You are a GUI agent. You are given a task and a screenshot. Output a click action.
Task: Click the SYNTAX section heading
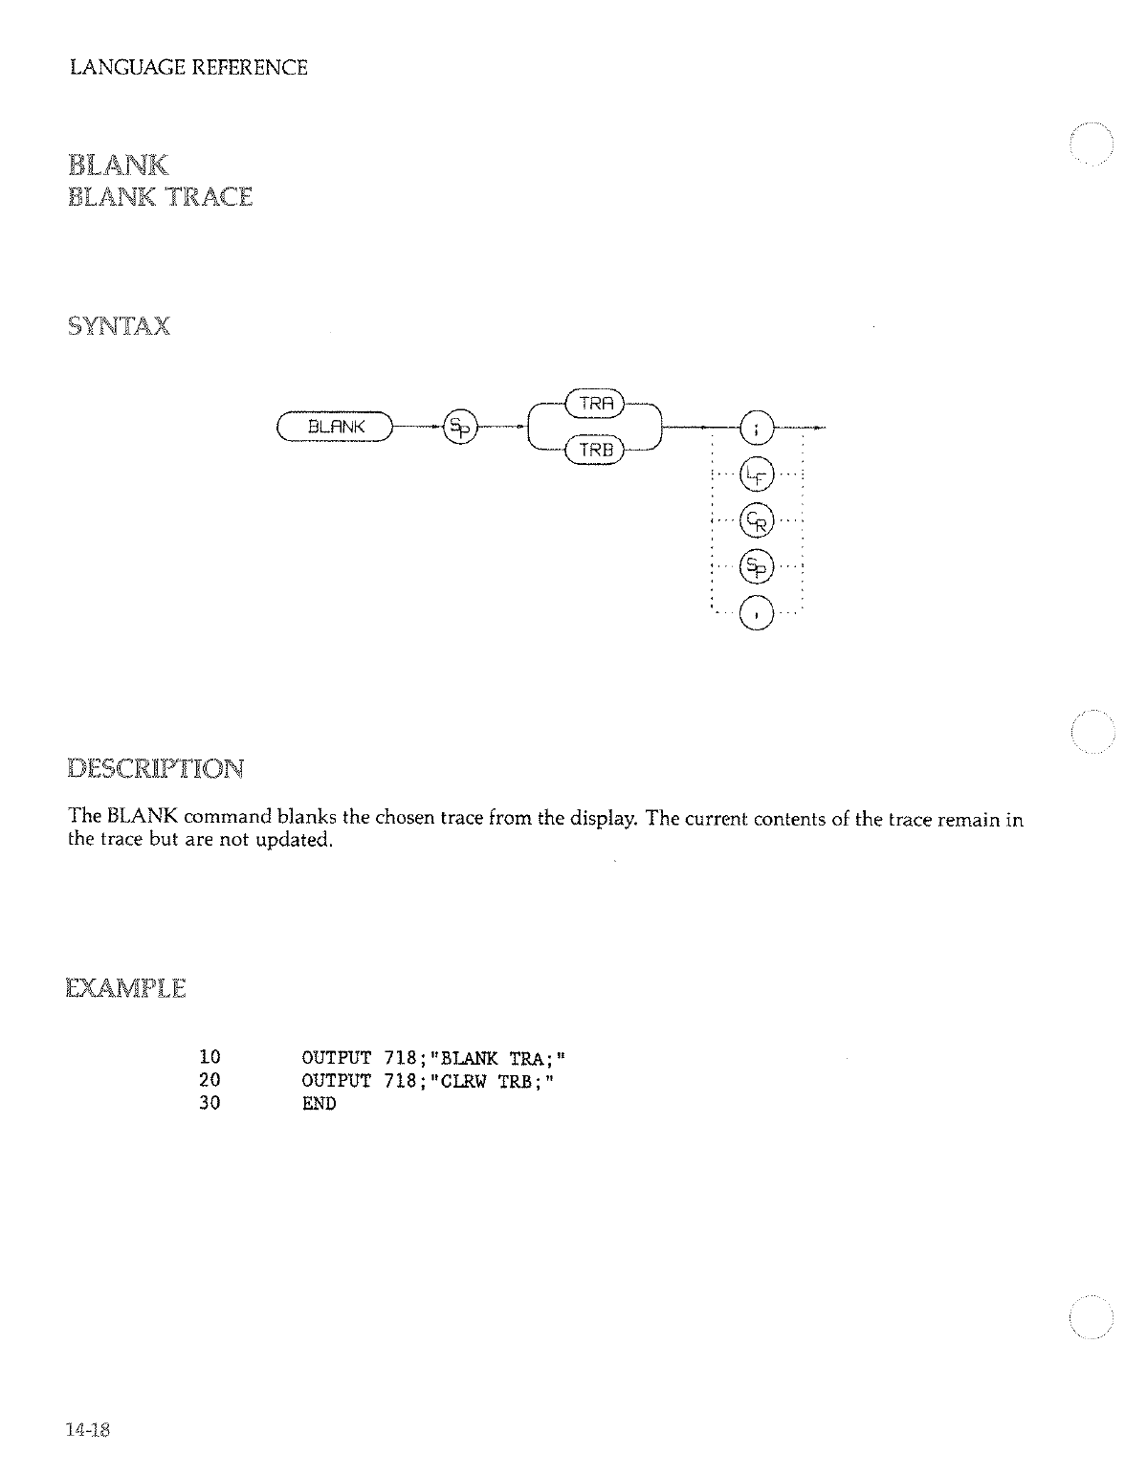120,327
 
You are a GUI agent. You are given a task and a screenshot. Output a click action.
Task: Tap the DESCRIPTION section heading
156,768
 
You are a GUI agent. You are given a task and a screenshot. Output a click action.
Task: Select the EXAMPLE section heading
126,987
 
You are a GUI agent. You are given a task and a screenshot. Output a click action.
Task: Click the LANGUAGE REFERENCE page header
189,68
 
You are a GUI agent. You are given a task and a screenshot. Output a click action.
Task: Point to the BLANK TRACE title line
161,197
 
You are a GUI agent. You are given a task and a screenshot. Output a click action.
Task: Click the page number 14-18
89,1430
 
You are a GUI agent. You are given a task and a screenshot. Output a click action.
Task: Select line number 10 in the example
210,1058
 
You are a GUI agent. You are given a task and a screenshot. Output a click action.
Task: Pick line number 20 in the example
210,1081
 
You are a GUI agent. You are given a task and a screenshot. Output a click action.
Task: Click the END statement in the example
319,1104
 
